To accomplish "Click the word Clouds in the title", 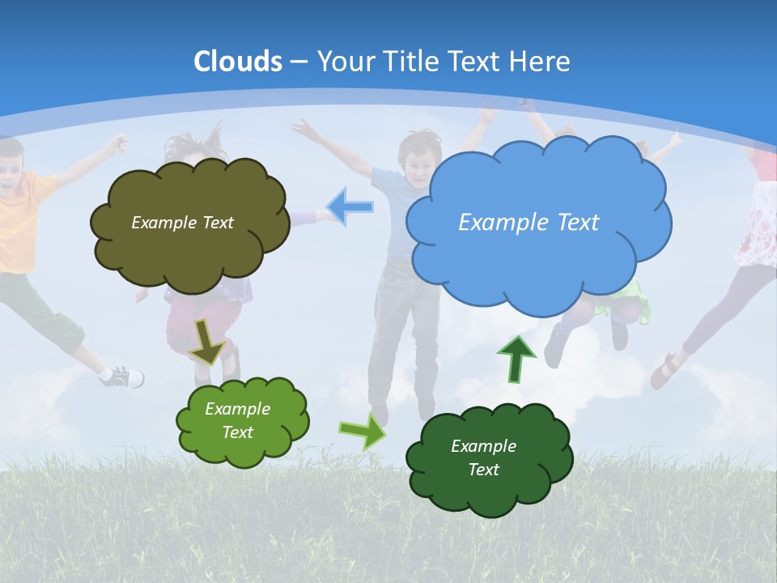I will [x=238, y=62].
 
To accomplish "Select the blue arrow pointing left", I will [x=350, y=207].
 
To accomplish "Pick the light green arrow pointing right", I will [x=363, y=431].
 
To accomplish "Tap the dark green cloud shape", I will [x=489, y=459].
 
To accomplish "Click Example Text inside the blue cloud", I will [x=529, y=222].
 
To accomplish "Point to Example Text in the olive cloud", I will [x=182, y=222].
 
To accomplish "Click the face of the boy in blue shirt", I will [x=417, y=161].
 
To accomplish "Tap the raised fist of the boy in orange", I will [x=120, y=143].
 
